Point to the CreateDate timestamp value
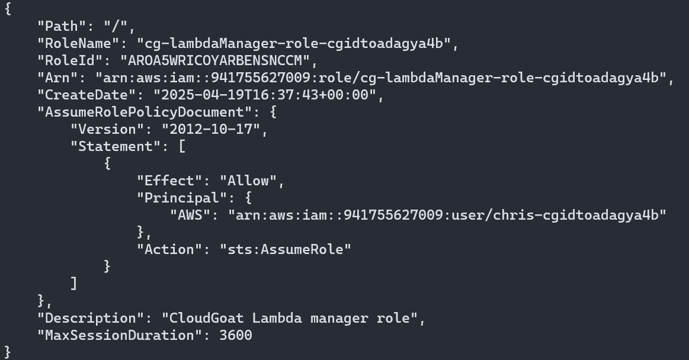(x=265, y=95)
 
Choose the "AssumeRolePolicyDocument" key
(x=140, y=112)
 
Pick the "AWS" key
(x=194, y=215)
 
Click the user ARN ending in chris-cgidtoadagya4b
(x=447, y=215)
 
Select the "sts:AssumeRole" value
(x=286, y=249)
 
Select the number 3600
(x=236, y=335)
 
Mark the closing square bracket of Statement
(x=73, y=284)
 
